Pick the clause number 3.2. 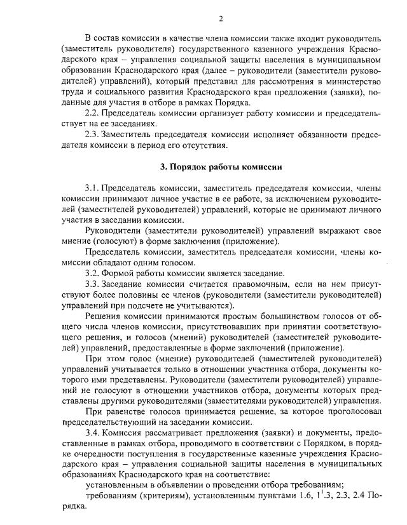pos(93,274)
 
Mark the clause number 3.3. pos(93,284)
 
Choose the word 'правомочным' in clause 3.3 pos(244,284)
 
